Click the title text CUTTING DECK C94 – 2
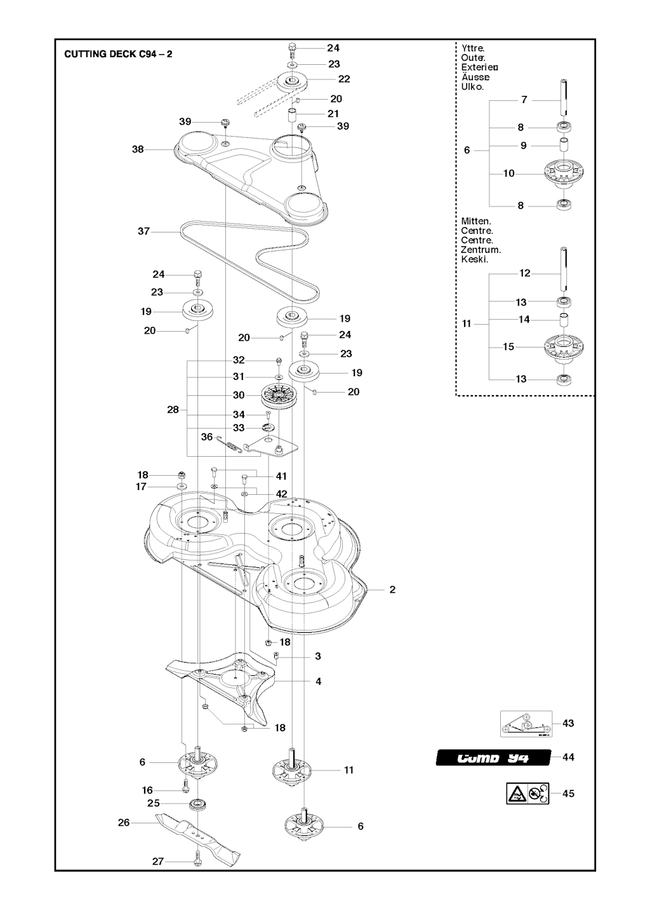(118, 54)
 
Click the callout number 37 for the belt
(144, 231)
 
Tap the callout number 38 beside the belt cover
(138, 149)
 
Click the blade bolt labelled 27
(197, 861)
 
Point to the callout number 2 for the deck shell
(392, 590)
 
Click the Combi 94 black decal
(493, 757)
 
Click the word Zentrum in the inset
(481, 250)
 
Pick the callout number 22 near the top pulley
(344, 79)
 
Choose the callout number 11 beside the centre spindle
(348, 770)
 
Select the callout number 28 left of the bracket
(173, 410)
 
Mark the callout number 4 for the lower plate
(318, 681)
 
